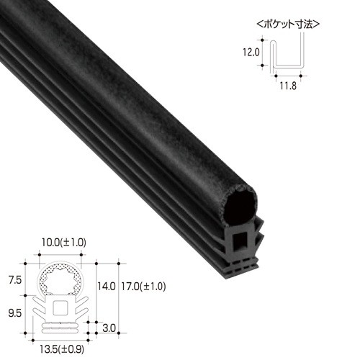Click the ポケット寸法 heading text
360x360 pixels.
pos(288,24)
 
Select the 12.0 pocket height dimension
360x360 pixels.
pos(251,52)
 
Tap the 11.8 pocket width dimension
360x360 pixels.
pos(288,86)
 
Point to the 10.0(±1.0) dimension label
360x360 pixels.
pos(63,243)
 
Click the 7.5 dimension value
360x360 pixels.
pos(15,280)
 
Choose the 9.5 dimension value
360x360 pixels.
pos(15,313)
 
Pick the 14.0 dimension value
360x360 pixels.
pos(107,287)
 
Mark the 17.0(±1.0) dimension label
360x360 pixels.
pos(143,287)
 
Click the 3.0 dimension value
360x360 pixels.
pos(109,328)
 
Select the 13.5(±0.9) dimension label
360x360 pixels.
pos(62,349)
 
